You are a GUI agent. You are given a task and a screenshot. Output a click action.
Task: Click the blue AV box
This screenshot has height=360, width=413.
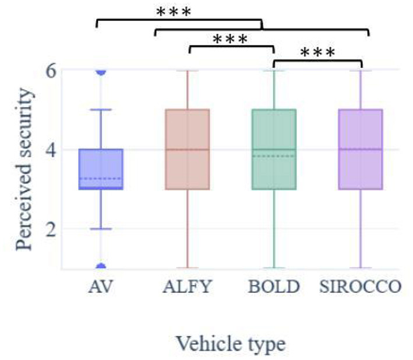click(101, 169)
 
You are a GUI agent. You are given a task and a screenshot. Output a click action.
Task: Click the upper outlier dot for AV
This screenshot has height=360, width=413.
click(101, 71)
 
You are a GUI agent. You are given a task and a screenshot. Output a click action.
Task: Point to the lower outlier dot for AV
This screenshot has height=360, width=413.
click(101, 267)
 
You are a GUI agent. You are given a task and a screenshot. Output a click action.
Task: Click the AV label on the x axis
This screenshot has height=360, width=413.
click(101, 287)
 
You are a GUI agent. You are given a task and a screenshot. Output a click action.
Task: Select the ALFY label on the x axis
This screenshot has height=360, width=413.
click(187, 287)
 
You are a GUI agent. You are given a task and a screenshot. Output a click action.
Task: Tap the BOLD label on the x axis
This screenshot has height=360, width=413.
click(274, 287)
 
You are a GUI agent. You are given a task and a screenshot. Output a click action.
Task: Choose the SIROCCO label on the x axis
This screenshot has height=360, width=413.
click(359, 287)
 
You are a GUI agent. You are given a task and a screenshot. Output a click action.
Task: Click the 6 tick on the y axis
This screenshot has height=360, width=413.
click(51, 71)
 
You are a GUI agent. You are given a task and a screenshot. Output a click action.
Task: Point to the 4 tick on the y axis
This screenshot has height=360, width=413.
click(51, 150)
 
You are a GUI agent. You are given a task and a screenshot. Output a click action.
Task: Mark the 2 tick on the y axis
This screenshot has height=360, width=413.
click(51, 228)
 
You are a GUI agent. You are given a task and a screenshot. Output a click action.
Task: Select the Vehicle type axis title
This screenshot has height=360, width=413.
click(231, 343)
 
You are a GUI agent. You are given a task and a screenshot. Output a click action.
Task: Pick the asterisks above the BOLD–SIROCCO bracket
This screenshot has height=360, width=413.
click(318, 53)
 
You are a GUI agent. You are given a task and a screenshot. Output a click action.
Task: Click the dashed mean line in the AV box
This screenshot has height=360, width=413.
click(101, 178)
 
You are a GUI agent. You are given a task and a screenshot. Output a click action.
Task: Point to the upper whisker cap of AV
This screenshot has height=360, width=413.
click(101, 110)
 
